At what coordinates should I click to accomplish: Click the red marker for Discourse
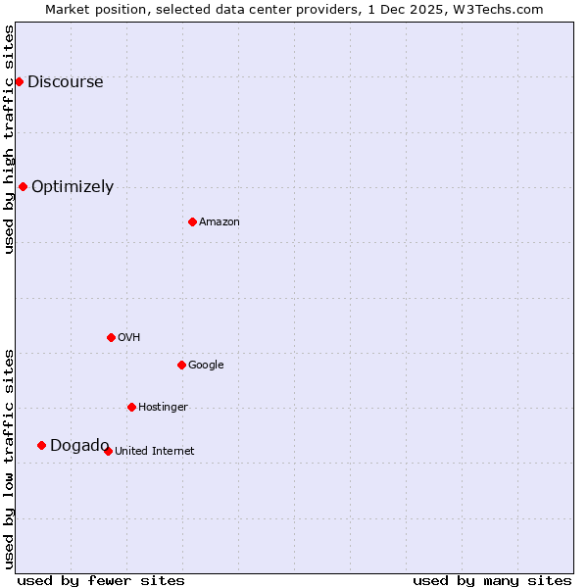pos(19,81)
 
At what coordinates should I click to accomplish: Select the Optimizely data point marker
pos(23,186)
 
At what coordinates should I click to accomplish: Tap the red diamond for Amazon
pos(192,221)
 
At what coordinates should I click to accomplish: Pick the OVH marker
pos(111,337)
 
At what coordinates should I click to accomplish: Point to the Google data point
pos(181,365)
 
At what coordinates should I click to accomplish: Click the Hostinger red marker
pos(131,407)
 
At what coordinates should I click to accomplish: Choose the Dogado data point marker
pos(41,445)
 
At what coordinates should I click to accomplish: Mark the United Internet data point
pos(108,451)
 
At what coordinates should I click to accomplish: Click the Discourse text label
pos(65,82)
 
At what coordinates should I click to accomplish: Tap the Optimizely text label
pos(73,187)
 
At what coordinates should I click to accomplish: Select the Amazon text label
pos(220,222)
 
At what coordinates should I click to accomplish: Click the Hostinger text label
pos(163,408)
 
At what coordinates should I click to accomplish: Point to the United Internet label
pos(154,452)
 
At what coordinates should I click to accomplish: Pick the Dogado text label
pos(79,446)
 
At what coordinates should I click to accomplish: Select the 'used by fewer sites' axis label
pos(101,580)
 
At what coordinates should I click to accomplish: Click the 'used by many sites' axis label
pos(492,580)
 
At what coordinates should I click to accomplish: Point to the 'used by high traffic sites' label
pos(9,139)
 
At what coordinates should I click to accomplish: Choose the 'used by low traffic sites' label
pos(9,458)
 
